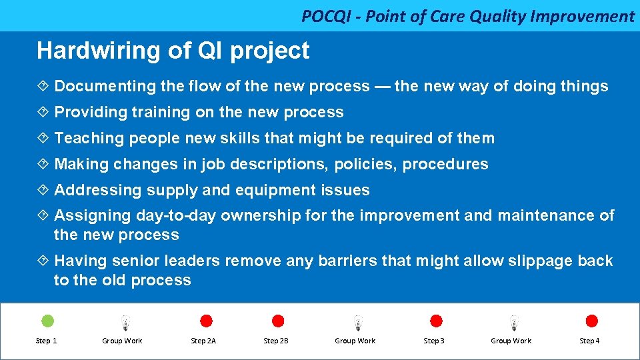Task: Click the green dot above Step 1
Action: (x=48, y=321)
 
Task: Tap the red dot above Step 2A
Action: (x=207, y=321)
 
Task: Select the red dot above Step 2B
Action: (x=279, y=321)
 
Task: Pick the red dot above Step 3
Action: (x=436, y=321)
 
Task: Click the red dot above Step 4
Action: (x=591, y=321)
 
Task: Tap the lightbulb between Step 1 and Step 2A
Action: (x=125, y=323)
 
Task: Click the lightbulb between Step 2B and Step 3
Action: (x=358, y=323)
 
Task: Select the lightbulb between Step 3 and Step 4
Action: (x=513, y=323)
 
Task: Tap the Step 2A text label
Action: (x=203, y=341)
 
